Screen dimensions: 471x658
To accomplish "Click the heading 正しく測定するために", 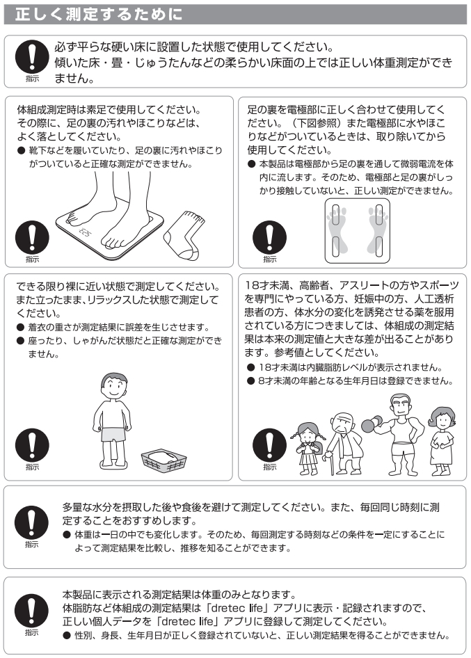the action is pyautogui.click(x=99, y=15).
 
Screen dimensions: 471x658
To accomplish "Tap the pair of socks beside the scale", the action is pyautogui.click(x=184, y=235).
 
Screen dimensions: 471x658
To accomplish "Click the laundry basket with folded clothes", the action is pyautogui.click(x=163, y=460).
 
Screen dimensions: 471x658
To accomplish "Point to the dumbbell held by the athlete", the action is pyautogui.click(x=372, y=424).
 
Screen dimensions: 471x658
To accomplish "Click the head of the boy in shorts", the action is pyautogui.click(x=114, y=387).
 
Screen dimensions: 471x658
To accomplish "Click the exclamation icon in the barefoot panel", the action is pyautogui.click(x=32, y=237).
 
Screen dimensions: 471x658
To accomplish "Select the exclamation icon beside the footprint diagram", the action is pyautogui.click(x=269, y=237).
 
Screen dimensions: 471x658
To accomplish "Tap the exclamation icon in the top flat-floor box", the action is pyautogui.click(x=32, y=56).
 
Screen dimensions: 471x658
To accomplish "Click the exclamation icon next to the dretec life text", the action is pyautogui.click(x=31, y=611).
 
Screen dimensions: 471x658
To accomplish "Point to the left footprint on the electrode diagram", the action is pyautogui.click(x=338, y=229).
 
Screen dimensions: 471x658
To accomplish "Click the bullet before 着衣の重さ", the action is pyautogui.click(x=20, y=328).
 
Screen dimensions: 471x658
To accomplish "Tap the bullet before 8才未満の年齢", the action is pyautogui.click(x=251, y=381).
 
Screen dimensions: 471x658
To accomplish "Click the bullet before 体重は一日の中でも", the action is pyautogui.click(x=66, y=535).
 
